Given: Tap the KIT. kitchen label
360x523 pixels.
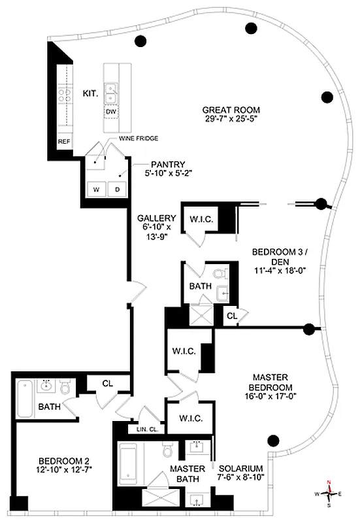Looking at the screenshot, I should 90,94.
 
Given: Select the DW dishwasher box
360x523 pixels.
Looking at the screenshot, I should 112,112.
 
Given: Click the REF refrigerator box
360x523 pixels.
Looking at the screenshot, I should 64,141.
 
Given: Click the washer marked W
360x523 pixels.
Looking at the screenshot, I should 95,190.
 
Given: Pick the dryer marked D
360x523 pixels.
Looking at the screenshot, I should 118,190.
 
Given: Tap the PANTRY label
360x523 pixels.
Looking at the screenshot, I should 169,164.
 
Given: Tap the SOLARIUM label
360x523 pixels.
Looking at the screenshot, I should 241,469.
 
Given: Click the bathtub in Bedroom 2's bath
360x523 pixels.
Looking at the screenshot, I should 24,398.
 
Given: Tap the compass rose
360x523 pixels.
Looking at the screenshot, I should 329,494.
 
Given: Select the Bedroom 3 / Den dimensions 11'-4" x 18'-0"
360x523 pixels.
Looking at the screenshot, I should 278,268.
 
